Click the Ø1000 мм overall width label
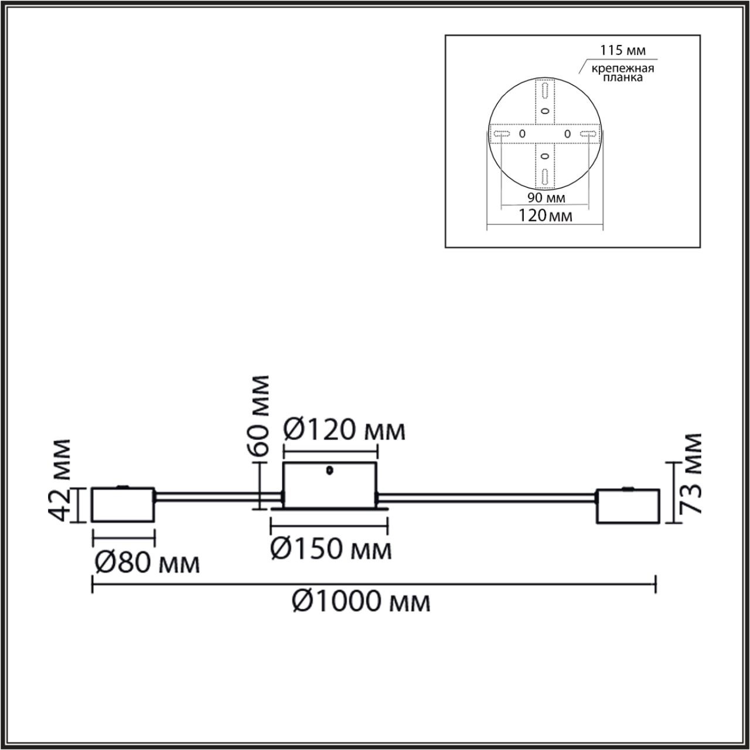coord(362,601)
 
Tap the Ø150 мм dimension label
coord(331,550)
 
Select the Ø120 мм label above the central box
coord(344,431)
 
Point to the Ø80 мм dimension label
coord(147,564)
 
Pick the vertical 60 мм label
coord(258,416)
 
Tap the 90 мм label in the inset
coord(543,197)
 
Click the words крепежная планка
coord(622,73)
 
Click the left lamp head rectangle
coord(123,504)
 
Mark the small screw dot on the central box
coord(330,470)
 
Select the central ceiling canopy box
coord(330,484)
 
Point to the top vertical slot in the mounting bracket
coord(545,91)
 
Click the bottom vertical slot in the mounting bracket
coord(545,176)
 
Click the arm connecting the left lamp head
coord(217,498)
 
